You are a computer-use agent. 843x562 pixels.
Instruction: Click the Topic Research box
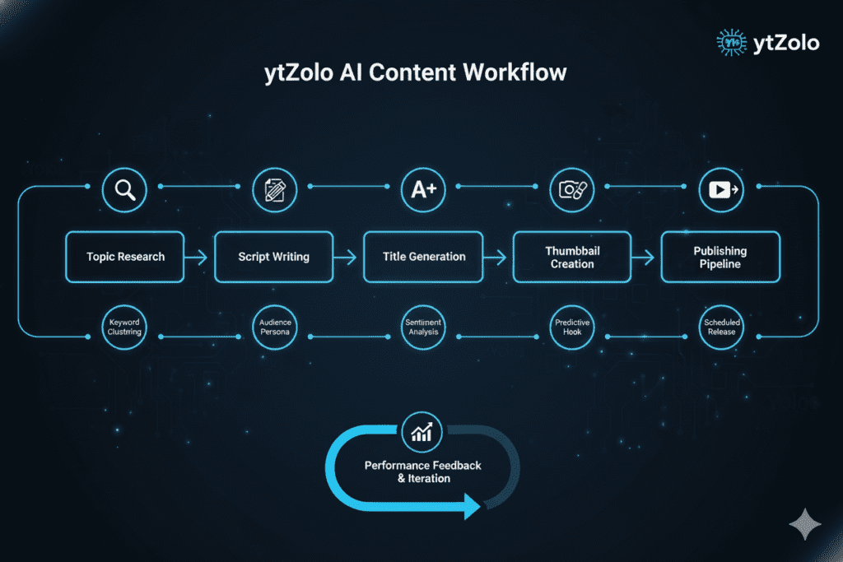(125, 257)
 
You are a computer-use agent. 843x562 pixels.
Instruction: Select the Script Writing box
(273, 257)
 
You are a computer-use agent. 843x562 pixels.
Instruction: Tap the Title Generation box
(423, 257)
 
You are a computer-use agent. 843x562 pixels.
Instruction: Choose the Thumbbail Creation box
(572, 257)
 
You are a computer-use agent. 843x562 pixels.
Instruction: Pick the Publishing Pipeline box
(720, 257)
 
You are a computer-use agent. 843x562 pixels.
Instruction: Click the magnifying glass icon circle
(124, 190)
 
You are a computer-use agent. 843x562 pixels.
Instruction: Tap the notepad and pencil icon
(274, 190)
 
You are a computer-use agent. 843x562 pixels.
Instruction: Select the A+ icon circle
(423, 190)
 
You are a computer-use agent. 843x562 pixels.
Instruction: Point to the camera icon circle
(572, 190)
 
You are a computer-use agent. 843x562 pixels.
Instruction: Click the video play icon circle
(722, 190)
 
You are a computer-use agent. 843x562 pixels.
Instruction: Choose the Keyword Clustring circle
(124, 327)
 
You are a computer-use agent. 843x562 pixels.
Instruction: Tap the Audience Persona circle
(274, 327)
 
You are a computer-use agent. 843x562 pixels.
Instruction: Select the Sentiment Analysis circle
(423, 327)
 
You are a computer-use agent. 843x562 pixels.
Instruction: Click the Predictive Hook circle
(572, 327)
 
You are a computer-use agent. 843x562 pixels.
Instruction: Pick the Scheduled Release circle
(722, 327)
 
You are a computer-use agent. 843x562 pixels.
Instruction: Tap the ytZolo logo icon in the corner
(729, 42)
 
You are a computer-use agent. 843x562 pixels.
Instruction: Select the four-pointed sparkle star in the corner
(803, 524)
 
